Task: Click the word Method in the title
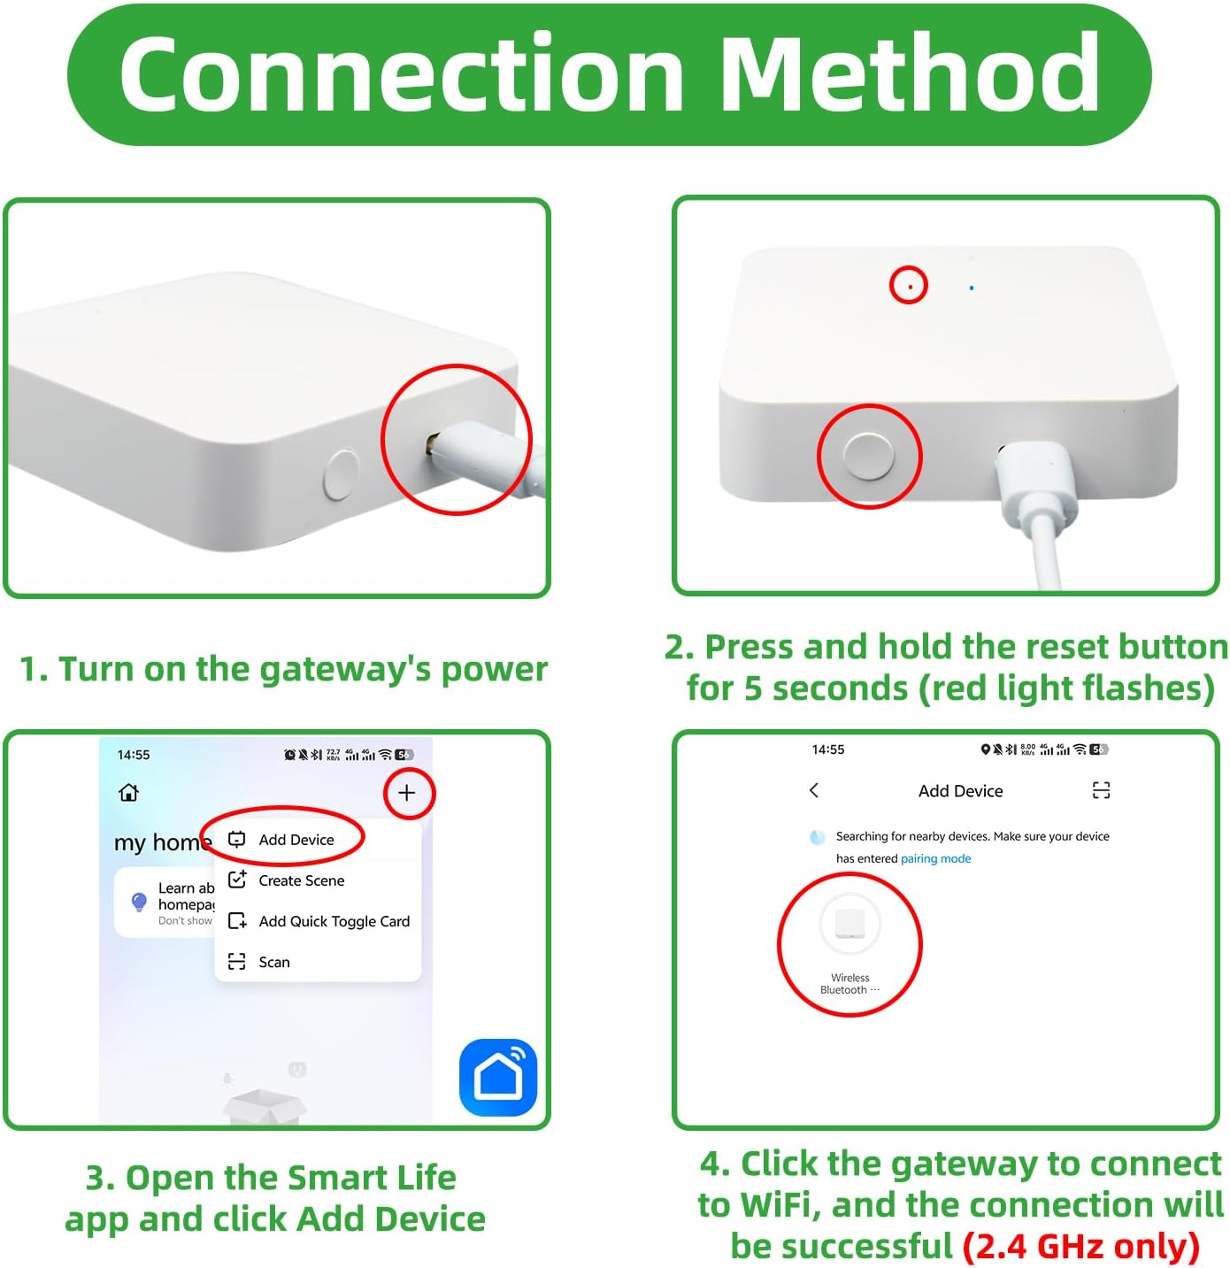[911, 74]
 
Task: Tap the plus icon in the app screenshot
[407, 793]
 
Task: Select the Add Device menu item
[296, 840]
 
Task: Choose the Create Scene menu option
[301, 880]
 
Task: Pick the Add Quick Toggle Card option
[334, 921]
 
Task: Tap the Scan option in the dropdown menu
[273, 962]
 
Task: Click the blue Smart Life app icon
[498, 1077]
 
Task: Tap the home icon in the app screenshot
[129, 792]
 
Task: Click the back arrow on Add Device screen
[814, 790]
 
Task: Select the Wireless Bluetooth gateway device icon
[849, 924]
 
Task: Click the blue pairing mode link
[935, 858]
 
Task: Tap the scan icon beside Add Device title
[1101, 790]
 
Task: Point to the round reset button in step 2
[868, 457]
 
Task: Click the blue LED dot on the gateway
[972, 288]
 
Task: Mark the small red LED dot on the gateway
[909, 286]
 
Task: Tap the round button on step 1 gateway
[342, 474]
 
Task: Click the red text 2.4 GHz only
[1080, 1246]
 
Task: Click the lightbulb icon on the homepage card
[139, 902]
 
